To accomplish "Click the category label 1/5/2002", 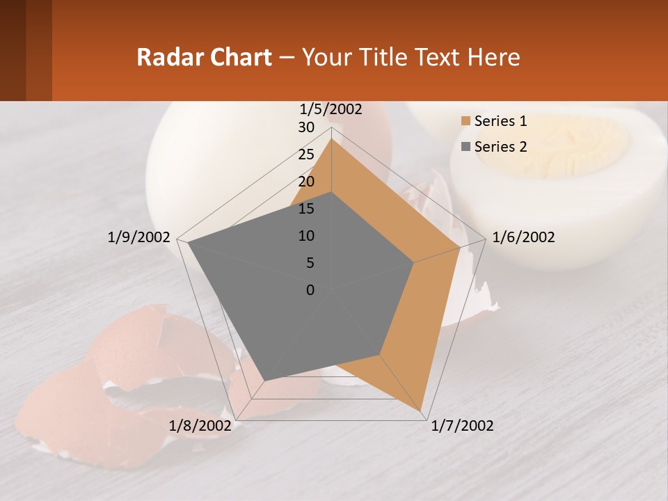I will click(331, 109).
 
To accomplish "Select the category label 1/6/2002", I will click(523, 237).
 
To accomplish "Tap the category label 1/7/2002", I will click(462, 426).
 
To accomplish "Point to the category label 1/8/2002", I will click(200, 426).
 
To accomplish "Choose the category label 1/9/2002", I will click(139, 237).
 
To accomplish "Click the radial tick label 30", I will click(306, 127).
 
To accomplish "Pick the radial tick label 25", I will click(306, 154).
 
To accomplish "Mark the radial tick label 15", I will click(306, 209).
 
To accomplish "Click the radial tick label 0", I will click(310, 290).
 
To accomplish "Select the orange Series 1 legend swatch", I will click(465, 121).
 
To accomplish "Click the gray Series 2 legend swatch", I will click(465, 147).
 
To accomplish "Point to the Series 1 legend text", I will click(500, 121).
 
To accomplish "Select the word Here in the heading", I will click(493, 57).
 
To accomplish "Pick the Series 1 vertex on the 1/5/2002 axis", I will click(332, 139).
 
